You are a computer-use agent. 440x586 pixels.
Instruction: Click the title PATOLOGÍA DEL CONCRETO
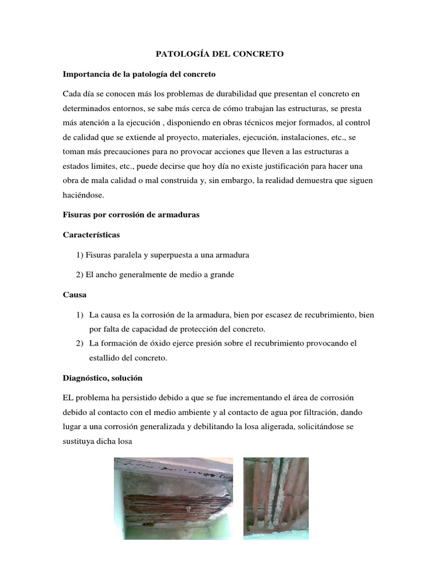220,54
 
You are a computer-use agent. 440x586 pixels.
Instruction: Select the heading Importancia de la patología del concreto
139,74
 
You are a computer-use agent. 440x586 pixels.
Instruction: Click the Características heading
92,235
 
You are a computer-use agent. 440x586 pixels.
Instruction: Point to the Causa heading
74,295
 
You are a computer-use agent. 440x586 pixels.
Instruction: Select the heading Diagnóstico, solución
103,378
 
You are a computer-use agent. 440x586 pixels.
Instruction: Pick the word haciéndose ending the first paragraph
84,195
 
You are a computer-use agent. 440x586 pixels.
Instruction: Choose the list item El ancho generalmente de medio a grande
155,275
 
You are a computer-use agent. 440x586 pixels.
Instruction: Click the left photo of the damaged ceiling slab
173,498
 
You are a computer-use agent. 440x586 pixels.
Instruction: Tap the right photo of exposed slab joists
276,498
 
